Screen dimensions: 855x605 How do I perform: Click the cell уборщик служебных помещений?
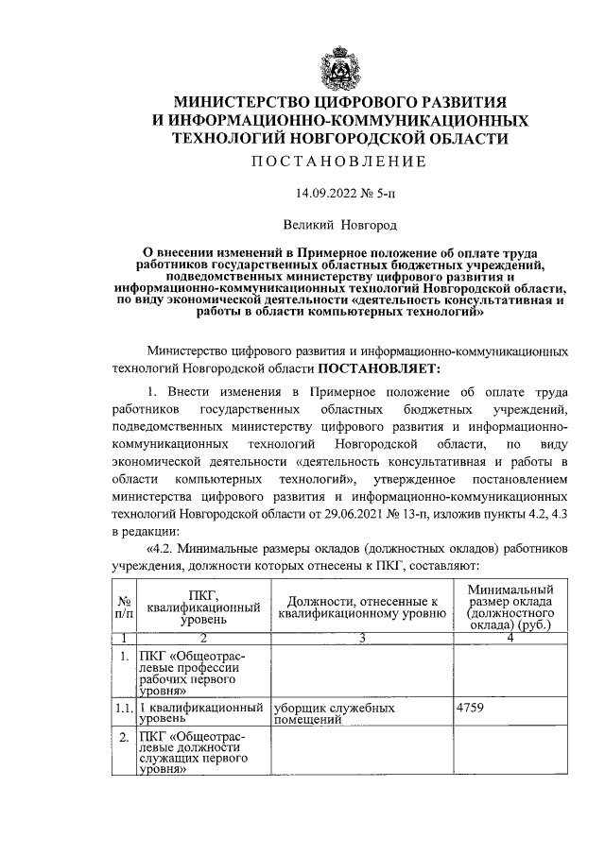point(332,712)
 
